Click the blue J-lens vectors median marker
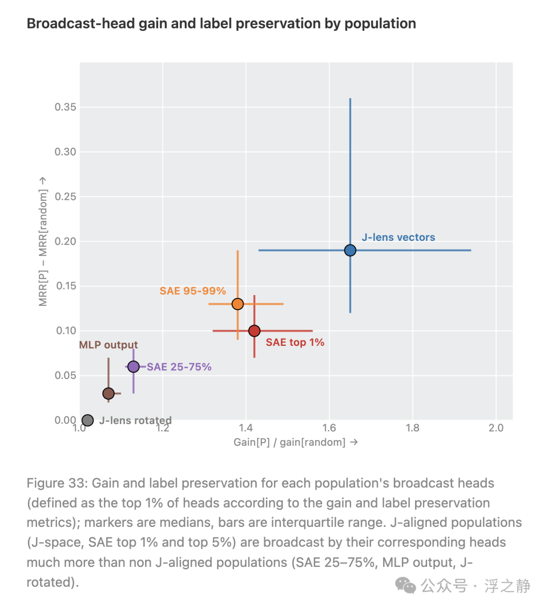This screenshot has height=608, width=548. (350, 250)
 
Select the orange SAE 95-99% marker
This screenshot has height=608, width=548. (237, 304)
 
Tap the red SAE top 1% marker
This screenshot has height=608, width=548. (254, 331)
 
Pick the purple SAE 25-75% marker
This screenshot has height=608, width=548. (133, 367)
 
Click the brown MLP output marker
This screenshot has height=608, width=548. (108, 394)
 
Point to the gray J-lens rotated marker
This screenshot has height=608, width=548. (88, 420)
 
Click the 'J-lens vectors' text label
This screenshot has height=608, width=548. (398, 237)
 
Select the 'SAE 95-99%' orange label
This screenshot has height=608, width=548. (192, 291)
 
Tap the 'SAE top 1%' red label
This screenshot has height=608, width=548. (295, 342)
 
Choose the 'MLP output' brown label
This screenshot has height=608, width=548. (108, 345)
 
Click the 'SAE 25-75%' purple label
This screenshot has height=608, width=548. (179, 367)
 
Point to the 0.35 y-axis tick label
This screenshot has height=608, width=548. (65, 107)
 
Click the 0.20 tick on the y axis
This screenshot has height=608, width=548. (65, 241)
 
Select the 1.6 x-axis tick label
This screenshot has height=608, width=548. (329, 428)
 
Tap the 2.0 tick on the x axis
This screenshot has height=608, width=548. (496, 428)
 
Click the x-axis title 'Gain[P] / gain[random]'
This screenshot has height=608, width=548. (290, 442)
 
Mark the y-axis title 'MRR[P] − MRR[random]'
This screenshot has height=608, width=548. (43, 248)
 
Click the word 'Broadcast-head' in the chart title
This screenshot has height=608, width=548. (81, 24)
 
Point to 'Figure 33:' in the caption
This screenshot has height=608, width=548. (57, 484)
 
